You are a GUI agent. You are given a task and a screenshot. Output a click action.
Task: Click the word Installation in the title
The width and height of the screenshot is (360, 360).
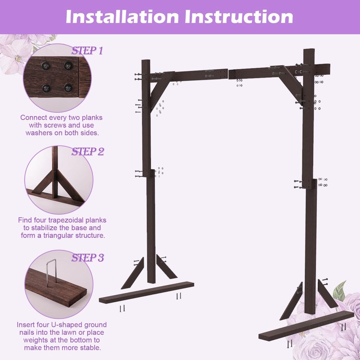[122, 17]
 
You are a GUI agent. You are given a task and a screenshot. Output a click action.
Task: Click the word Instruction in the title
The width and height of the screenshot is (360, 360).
[239, 17]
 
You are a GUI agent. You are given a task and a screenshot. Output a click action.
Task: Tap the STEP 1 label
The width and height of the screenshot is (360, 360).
[87, 51]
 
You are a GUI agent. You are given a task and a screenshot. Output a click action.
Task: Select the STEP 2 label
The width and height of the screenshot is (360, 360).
[88, 152]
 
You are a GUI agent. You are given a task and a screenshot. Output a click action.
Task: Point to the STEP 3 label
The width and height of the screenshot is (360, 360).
[88, 258]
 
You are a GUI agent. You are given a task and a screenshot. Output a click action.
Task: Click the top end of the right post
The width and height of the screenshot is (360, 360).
[309, 50]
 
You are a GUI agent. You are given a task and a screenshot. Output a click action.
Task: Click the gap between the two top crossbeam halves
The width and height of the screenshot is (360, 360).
[228, 74]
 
